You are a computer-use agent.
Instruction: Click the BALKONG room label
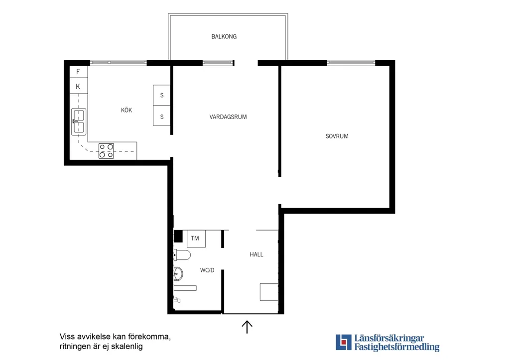tap(224, 37)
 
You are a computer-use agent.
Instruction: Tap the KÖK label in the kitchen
tap(127, 110)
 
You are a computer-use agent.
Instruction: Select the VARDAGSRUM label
tap(228, 117)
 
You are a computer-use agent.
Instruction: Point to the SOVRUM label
tap(337, 136)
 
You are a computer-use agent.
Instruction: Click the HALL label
tap(256, 254)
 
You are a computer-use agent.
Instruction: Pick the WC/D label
tap(207, 270)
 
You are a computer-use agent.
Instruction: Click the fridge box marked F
tap(78, 72)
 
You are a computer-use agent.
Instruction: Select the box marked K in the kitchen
tap(78, 86)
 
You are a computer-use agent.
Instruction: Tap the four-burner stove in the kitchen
tap(107, 151)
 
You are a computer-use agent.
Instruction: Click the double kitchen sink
tap(79, 121)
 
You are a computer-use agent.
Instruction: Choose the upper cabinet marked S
tap(162, 95)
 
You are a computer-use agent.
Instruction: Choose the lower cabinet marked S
tap(162, 116)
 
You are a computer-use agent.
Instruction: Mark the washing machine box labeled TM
tap(196, 239)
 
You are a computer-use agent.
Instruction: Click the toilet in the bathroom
tap(182, 255)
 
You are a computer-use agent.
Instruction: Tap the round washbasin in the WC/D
tap(178, 274)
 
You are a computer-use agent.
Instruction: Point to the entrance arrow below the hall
tap(247, 327)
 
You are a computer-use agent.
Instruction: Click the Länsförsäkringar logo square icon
tap(344, 342)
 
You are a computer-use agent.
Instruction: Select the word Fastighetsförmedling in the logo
tap(397, 347)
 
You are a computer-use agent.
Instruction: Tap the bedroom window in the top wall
tap(351, 63)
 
